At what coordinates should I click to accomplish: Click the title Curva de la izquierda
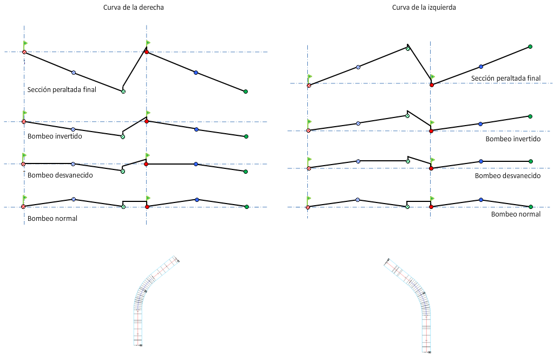[x=424, y=8]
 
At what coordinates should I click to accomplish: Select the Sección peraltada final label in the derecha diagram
[x=62, y=89]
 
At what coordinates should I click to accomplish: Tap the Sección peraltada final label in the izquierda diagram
[x=505, y=78]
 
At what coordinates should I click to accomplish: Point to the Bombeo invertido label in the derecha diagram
[x=55, y=136]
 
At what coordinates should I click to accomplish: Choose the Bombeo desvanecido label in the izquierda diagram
[x=507, y=175]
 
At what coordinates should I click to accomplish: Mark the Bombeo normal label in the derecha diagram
[x=52, y=218]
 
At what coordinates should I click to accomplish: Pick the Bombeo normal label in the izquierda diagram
[x=516, y=214]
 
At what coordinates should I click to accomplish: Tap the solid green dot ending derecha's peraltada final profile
[x=246, y=91]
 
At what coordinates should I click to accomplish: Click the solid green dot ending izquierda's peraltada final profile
[x=530, y=47]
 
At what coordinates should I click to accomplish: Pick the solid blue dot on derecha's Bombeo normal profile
[x=197, y=200]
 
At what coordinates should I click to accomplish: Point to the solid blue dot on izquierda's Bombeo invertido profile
[x=480, y=124]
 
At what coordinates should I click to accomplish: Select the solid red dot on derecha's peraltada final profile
[x=147, y=53]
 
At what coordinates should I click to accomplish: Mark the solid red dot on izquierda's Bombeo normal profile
[x=431, y=206]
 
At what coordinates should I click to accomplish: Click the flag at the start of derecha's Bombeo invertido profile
[x=25, y=113]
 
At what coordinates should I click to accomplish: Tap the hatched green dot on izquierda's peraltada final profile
[x=408, y=49]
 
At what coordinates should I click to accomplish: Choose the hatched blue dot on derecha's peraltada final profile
[x=74, y=72]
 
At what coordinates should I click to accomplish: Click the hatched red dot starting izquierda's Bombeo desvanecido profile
[x=308, y=168]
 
